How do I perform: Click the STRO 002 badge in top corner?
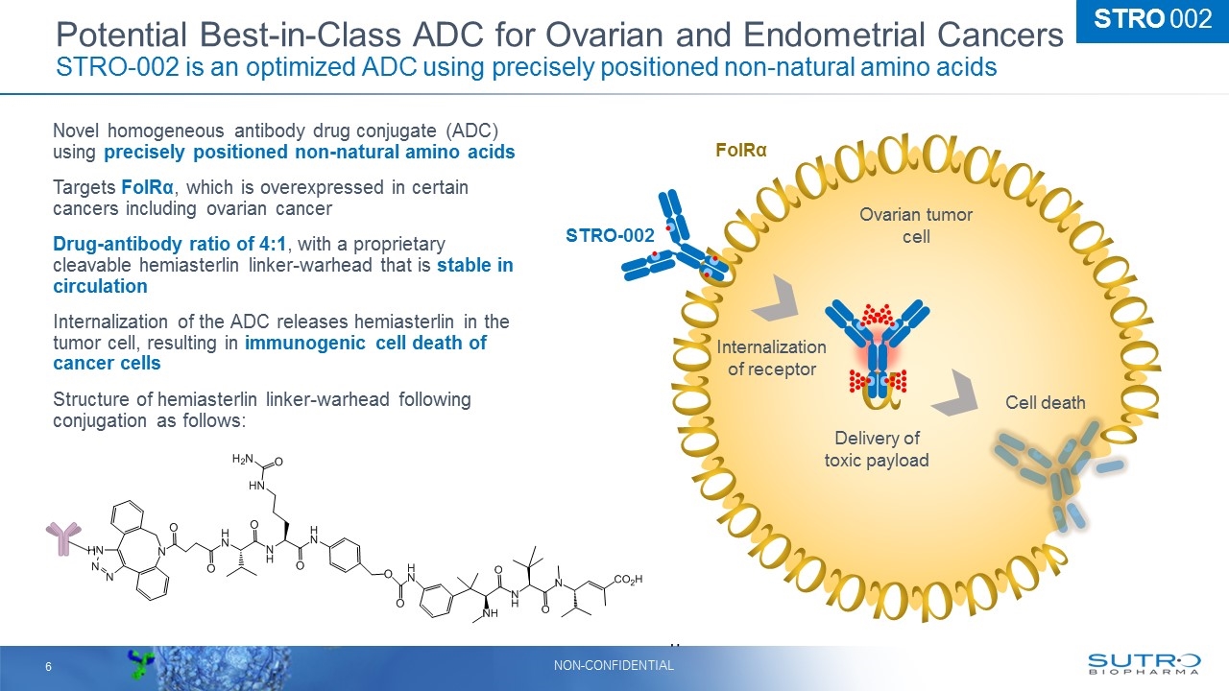point(1152,19)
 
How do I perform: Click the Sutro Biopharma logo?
point(1144,664)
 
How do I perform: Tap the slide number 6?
point(48,666)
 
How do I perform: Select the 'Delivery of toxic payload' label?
point(877,449)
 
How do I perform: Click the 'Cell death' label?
point(1045,403)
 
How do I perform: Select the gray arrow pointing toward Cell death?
point(955,393)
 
